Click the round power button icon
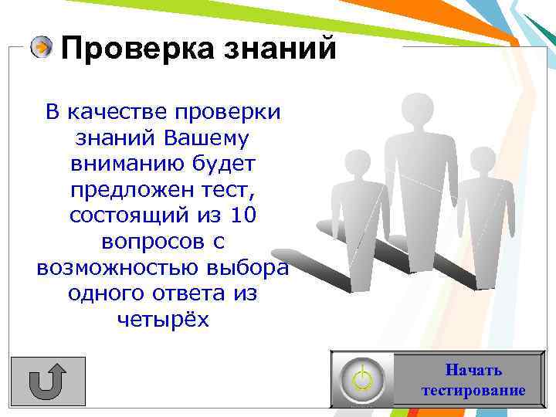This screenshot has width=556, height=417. point(361,378)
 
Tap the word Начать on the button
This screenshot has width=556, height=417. point(473,370)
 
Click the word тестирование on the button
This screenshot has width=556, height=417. point(473,390)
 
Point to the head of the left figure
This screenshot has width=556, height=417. point(356,161)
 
